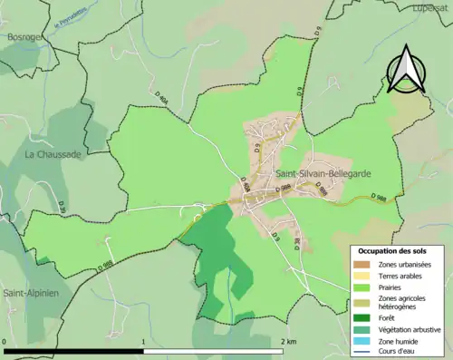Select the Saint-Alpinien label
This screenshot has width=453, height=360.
pyautogui.click(x=31, y=293)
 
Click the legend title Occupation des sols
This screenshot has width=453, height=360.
pyautogui.click(x=400, y=250)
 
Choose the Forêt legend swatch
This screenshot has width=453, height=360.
pyautogui.click(x=361, y=317)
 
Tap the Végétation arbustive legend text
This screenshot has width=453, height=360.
pyautogui.click(x=410, y=328)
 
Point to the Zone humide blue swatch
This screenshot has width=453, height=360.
pyautogui.click(x=361, y=340)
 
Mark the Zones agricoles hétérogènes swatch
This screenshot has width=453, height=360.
pyautogui.click(x=361, y=301)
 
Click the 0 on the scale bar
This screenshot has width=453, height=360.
pyautogui.click(x=5, y=341)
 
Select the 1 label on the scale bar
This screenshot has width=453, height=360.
pyautogui.click(x=144, y=341)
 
